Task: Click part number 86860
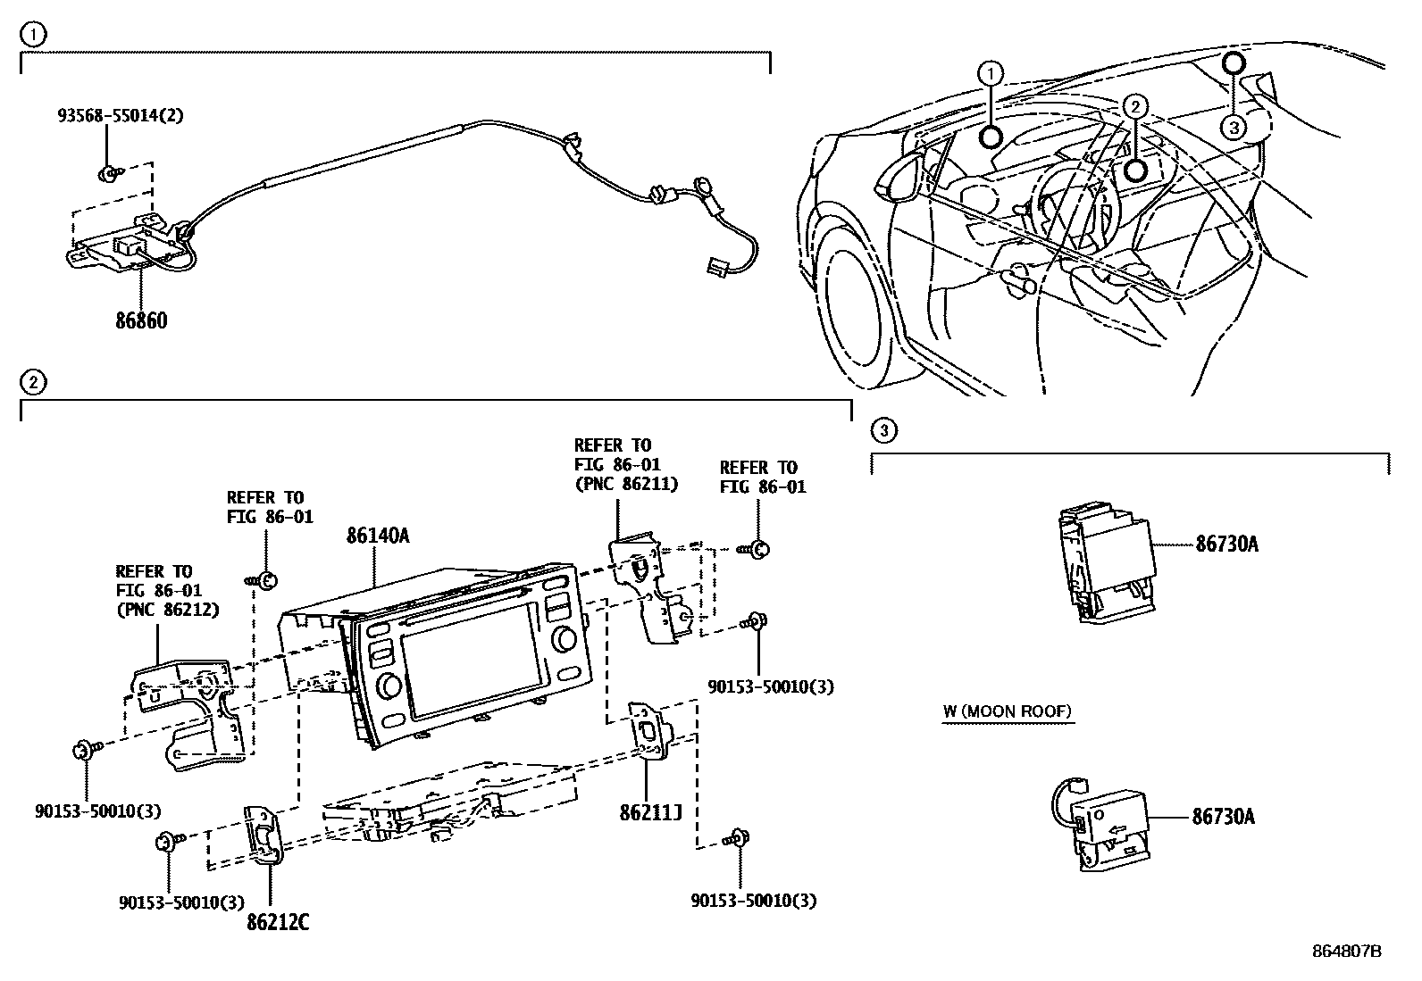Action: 140,320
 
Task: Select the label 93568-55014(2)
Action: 121,115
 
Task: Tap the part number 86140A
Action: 378,536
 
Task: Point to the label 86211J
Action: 651,813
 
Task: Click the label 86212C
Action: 278,922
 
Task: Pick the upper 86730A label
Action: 1226,544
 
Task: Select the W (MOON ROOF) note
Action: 1007,711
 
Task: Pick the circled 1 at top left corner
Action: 32,35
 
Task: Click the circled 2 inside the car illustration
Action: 1134,106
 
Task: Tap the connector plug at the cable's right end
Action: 714,266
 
